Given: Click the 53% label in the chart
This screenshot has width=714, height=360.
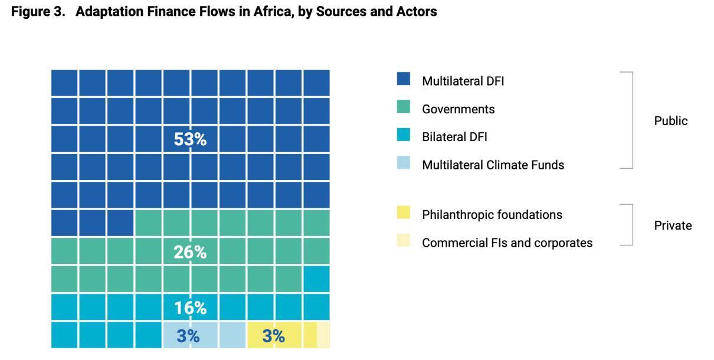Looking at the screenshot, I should coord(190,140).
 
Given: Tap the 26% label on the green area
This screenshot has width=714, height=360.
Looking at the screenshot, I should coord(190,253).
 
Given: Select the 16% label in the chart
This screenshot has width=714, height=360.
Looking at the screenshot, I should coord(190,308).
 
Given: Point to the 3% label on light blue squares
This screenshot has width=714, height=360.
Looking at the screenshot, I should coord(188,336).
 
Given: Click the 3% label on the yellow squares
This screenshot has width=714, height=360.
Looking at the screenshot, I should coord(274,336).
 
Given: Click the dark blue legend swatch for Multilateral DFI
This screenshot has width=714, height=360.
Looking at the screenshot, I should coord(404,79).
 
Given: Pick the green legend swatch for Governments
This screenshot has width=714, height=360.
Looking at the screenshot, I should coord(404,107).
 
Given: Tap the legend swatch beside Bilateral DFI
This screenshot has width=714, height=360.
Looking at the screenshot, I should coord(404,135).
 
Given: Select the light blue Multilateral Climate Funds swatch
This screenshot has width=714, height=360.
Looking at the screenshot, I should coord(404,162).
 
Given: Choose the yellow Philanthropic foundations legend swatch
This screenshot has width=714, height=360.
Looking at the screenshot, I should coord(404,212).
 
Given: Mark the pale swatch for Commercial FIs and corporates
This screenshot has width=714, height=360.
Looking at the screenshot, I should coord(404,240).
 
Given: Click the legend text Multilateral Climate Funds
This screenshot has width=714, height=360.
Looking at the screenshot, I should coord(493,165).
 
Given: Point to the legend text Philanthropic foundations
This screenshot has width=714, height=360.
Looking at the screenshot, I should coord(492,215).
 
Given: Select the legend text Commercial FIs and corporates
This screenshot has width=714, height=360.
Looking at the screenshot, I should coord(507,243).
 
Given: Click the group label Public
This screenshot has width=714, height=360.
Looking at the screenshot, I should coord(671,121).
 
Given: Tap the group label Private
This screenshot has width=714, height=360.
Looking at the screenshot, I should coord(673,225).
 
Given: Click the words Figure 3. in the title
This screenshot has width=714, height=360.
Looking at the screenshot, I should coord(38,12).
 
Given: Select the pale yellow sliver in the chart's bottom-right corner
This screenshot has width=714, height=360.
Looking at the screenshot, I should coord(323,335).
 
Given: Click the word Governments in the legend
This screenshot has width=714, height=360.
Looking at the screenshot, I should coord(458,109).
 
